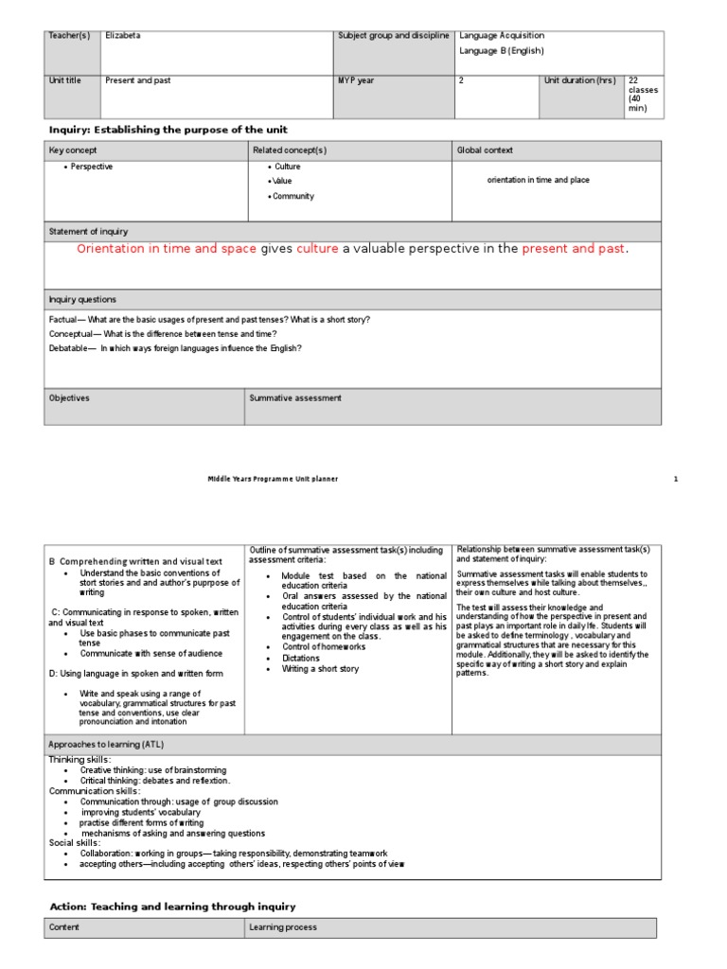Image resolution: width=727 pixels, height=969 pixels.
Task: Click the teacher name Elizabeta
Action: pyautogui.click(x=123, y=36)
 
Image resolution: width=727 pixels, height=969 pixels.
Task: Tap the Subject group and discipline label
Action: pyautogui.click(x=393, y=36)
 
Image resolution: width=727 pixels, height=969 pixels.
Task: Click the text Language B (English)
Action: pyautogui.click(x=502, y=51)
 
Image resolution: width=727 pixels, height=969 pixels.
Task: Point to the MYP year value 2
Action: pyautogui.click(x=461, y=81)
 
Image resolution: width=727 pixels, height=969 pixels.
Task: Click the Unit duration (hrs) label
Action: pyautogui.click(x=579, y=81)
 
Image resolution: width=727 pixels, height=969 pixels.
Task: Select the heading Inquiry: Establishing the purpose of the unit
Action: pyautogui.click(x=168, y=129)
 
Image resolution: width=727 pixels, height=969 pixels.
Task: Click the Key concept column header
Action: pyautogui.click(x=73, y=150)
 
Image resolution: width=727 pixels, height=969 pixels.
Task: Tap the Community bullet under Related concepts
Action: pyautogui.click(x=293, y=197)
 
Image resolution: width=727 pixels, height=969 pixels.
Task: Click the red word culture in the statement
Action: pyautogui.click(x=317, y=249)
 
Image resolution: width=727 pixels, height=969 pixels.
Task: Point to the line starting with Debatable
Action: pyautogui.click(x=175, y=348)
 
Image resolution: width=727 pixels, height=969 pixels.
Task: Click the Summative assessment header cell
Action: pyautogui.click(x=295, y=398)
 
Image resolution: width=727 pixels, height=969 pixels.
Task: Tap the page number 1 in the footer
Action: pyautogui.click(x=676, y=479)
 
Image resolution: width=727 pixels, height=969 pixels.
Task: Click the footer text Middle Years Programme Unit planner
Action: pyautogui.click(x=273, y=479)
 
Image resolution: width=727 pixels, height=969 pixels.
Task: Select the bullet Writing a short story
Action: pyautogui.click(x=320, y=669)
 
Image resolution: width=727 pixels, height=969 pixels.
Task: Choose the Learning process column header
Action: pyautogui.click(x=283, y=927)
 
